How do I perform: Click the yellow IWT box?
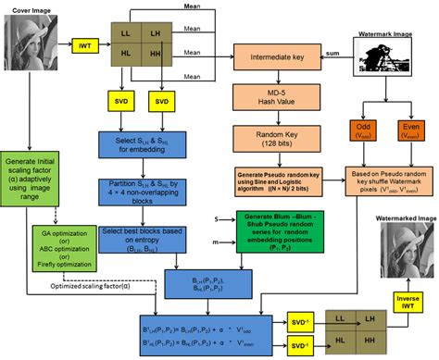click(82, 43)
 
